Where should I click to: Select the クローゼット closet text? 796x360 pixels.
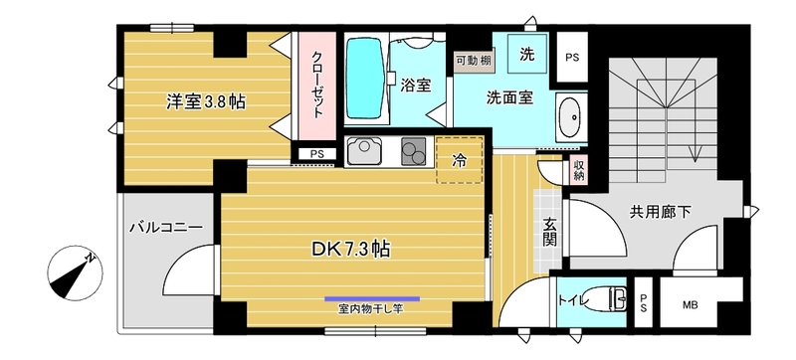tap(317, 86)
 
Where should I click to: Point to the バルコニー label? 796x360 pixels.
tap(166, 228)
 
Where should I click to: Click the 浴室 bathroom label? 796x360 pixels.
tap(416, 85)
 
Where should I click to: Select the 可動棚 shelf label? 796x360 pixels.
tap(472, 61)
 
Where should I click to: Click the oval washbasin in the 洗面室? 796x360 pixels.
tap(570, 118)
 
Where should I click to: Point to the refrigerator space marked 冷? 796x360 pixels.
tap(459, 159)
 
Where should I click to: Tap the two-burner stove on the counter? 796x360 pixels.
tap(412, 152)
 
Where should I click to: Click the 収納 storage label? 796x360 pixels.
tap(579, 170)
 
